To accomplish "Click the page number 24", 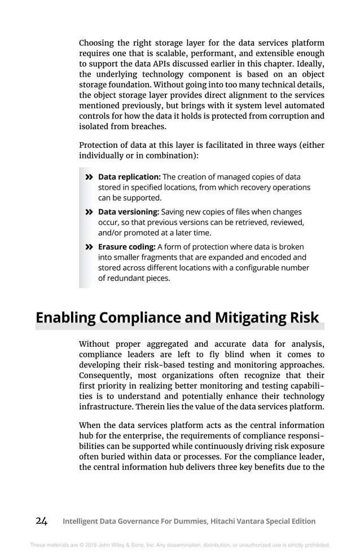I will [41, 521].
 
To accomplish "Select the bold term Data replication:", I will [129, 176].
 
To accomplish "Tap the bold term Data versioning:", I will [129, 211].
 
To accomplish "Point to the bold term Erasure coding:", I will [126, 246].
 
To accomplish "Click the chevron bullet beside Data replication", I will [89, 177].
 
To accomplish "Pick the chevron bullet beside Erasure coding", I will [89, 247].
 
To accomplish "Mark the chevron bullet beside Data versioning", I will [89, 212].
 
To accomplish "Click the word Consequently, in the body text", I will [107, 376].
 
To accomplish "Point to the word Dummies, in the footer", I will [189, 522].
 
